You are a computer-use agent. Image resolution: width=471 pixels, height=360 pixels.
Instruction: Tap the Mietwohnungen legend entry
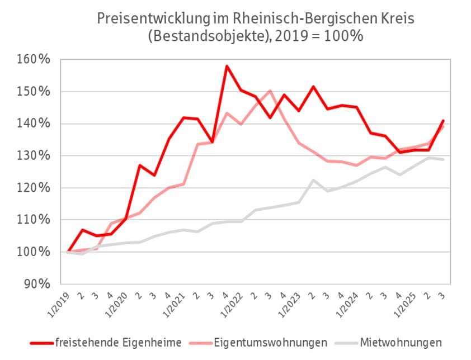click(x=401, y=342)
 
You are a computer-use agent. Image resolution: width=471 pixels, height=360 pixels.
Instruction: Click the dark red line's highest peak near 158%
click(x=227, y=66)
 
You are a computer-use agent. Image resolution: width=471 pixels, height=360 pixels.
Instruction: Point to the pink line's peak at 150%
click(x=270, y=91)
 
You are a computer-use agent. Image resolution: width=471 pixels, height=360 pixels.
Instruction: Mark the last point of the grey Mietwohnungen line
click(x=443, y=159)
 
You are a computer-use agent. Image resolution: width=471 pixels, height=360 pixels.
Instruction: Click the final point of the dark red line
click(x=443, y=120)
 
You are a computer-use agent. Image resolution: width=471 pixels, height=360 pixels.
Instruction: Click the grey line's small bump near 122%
click(x=313, y=180)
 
